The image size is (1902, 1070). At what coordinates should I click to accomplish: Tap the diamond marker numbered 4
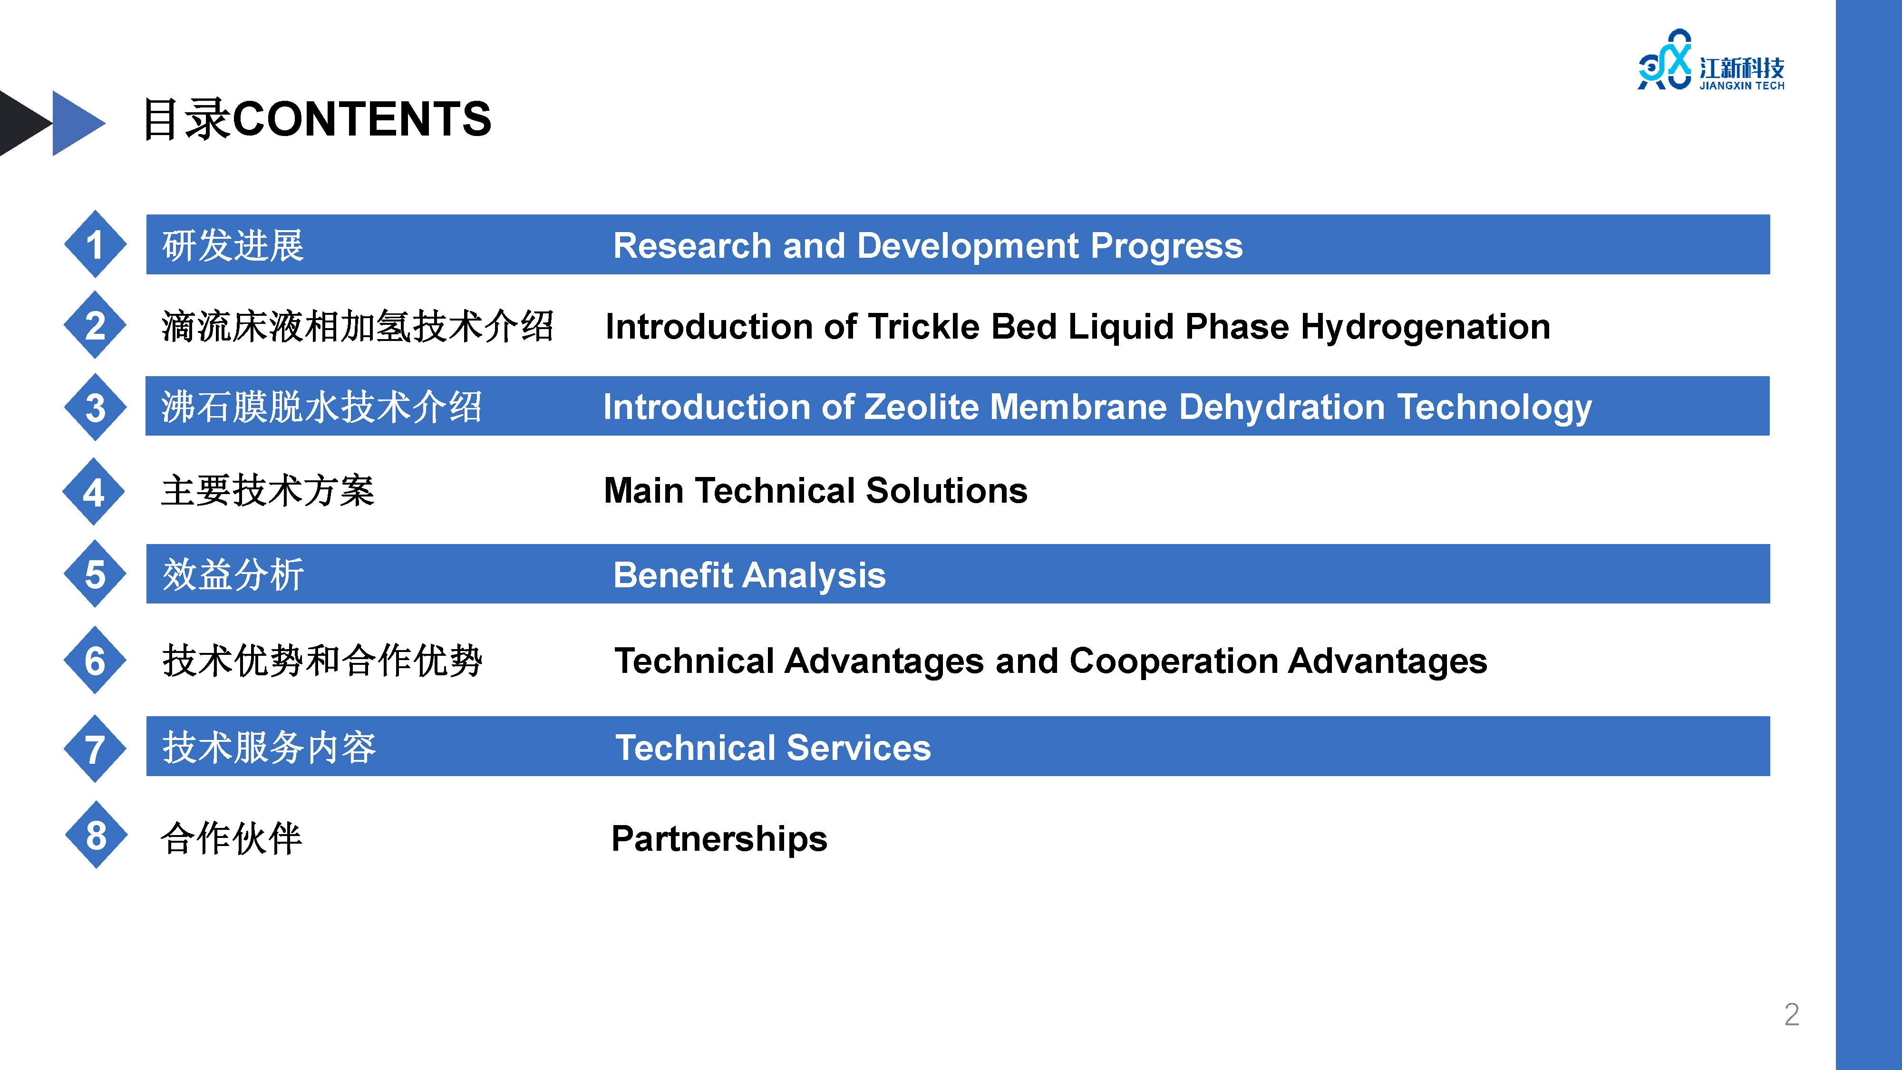point(94,491)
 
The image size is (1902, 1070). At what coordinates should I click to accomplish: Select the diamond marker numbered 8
point(96,835)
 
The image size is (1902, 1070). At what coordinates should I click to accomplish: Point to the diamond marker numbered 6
point(95,660)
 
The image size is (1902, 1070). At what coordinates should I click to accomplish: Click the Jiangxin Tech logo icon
point(1664,60)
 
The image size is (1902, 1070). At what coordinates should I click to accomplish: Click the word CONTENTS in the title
point(362,119)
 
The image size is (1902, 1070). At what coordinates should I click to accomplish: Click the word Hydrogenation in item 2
point(1425,327)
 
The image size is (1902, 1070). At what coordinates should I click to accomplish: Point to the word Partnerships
point(719,839)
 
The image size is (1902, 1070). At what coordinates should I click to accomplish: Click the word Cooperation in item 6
point(1173,661)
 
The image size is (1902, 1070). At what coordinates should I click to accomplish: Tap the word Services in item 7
point(859,748)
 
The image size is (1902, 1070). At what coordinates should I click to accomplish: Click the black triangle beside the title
point(26,123)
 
